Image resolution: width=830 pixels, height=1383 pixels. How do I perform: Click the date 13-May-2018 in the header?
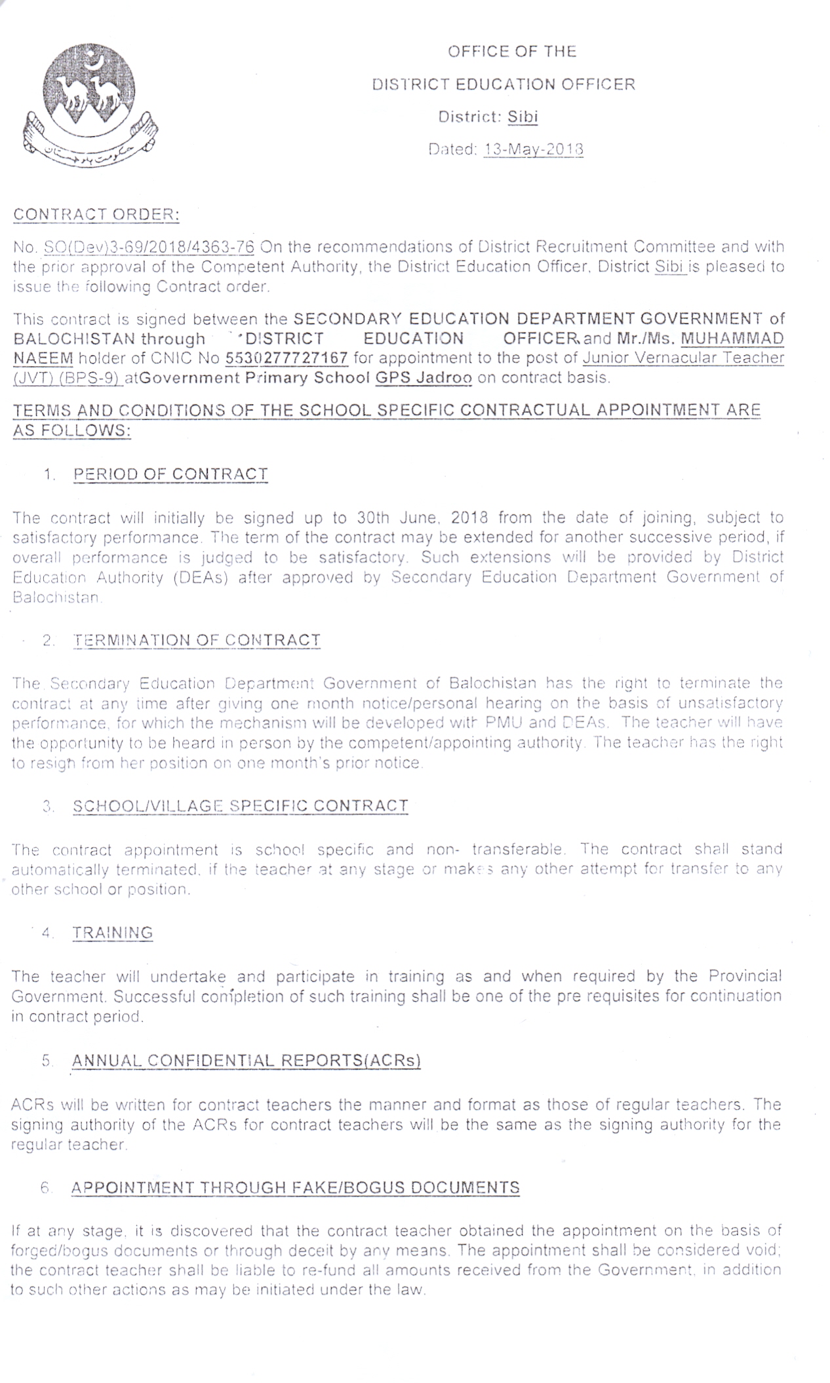pyautogui.click(x=533, y=149)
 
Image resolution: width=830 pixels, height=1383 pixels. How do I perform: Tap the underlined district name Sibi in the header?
pyautogui.click(x=523, y=117)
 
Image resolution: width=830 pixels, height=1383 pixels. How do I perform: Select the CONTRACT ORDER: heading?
pyautogui.click(x=96, y=214)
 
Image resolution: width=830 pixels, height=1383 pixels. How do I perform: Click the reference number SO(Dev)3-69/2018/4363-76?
pyautogui.click(x=149, y=247)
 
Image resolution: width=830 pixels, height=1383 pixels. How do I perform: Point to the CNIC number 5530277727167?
pyautogui.click(x=286, y=358)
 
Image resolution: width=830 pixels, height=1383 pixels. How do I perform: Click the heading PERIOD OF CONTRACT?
pyautogui.click(x=170, y=474)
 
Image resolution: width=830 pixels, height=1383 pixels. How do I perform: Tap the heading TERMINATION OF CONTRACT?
pyautogui.click(x=197, y=640)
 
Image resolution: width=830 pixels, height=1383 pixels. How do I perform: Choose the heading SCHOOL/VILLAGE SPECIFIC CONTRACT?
pyautogui.click(x=241, y=806)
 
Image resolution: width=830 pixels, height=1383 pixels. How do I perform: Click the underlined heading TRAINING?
pyautogui.click(x=113, y=932)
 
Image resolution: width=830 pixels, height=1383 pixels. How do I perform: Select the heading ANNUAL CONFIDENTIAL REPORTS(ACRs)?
pyautogui.click(x=246, y=1060)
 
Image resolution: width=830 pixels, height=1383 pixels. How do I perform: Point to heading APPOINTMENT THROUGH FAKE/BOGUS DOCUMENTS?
pyautogui.click(x=296, y=1187)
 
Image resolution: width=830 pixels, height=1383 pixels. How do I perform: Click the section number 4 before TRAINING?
pyautogui.click(x=46, y=933)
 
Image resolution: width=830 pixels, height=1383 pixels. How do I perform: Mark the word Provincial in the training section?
pyautogui.click(x=745, y=976)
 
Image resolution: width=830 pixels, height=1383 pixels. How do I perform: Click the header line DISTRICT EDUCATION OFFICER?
pyautogui.click(x=504, y=85)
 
